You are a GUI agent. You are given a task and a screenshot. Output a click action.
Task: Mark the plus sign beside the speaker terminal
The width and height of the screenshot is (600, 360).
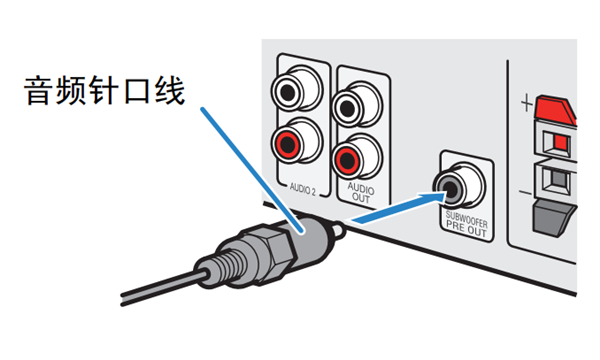tap(523, 102)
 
